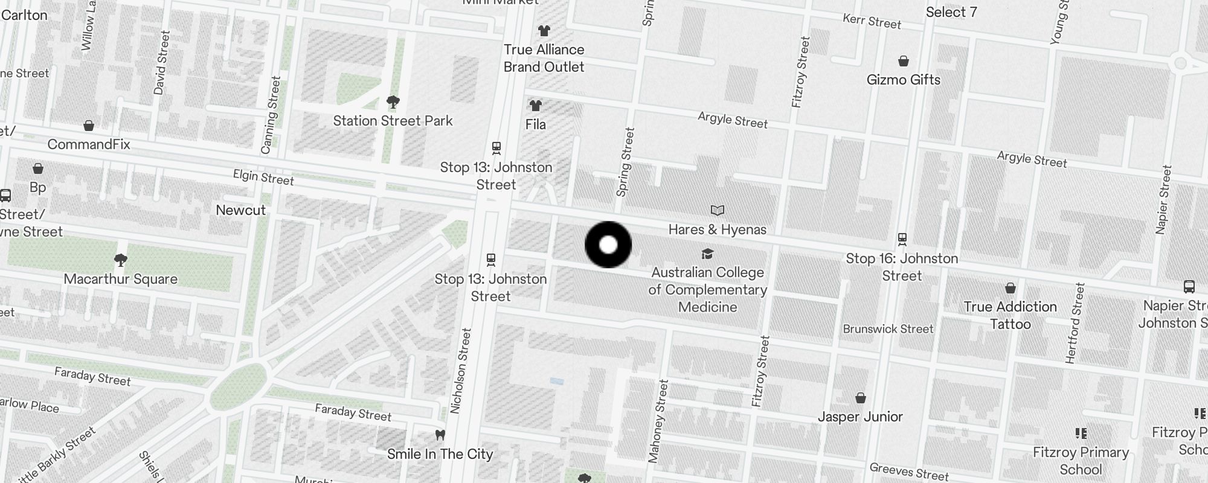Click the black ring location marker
coord(608,245)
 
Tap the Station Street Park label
coord(393,121)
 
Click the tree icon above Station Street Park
coord(393,101)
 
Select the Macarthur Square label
coord(121,279)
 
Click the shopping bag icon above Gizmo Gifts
coord(904,61)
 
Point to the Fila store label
coord(536,124)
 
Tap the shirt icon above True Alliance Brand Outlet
coord(544,31)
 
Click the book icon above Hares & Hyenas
coord(717,211)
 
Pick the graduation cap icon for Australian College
coord(707,254)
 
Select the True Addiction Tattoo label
coord(1010,315)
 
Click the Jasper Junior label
coord(860,417)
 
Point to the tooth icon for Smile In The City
coord(440,435)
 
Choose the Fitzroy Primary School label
coord(1081,461)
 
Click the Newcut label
coord(240,210)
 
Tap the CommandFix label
coord(89,144)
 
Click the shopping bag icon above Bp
coord(38,168)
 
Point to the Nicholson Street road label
coord(460,371)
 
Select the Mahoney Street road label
coord(658,421)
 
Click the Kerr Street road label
coord(872,22)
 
